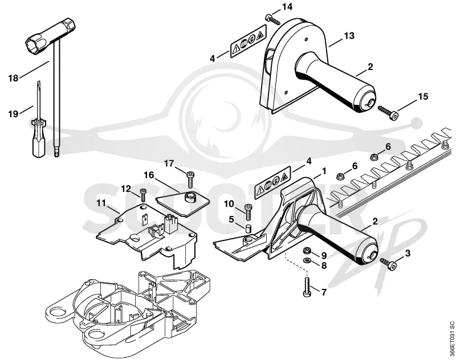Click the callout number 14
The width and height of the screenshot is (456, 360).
tap(287, 7)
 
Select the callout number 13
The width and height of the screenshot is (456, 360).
tap(349, 36)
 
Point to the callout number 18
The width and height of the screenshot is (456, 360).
tap(13, 78)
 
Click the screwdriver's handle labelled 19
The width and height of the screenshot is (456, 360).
tap(38, 137)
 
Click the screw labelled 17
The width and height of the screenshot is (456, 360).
tap(190, 179)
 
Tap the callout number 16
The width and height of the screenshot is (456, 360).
tap(149, 175)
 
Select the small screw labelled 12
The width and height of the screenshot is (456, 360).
tap(143, 195)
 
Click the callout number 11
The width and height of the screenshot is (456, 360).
tap(101, 203)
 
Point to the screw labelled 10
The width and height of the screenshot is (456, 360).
tap(248, 212)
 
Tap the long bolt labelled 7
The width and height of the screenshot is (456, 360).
tap(307, 287)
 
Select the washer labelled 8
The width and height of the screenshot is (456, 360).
tap(307, 260)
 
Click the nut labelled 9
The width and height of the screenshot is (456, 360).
tap(307, 250)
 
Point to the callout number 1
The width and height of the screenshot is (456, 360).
tap(323, 171)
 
